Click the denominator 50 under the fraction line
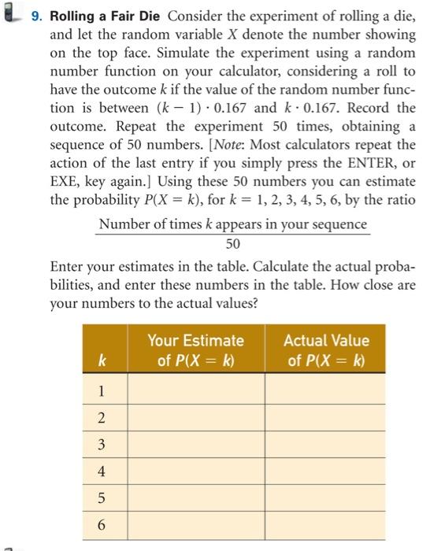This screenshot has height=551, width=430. (233, 243)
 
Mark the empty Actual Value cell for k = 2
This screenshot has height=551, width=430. (325, 418)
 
